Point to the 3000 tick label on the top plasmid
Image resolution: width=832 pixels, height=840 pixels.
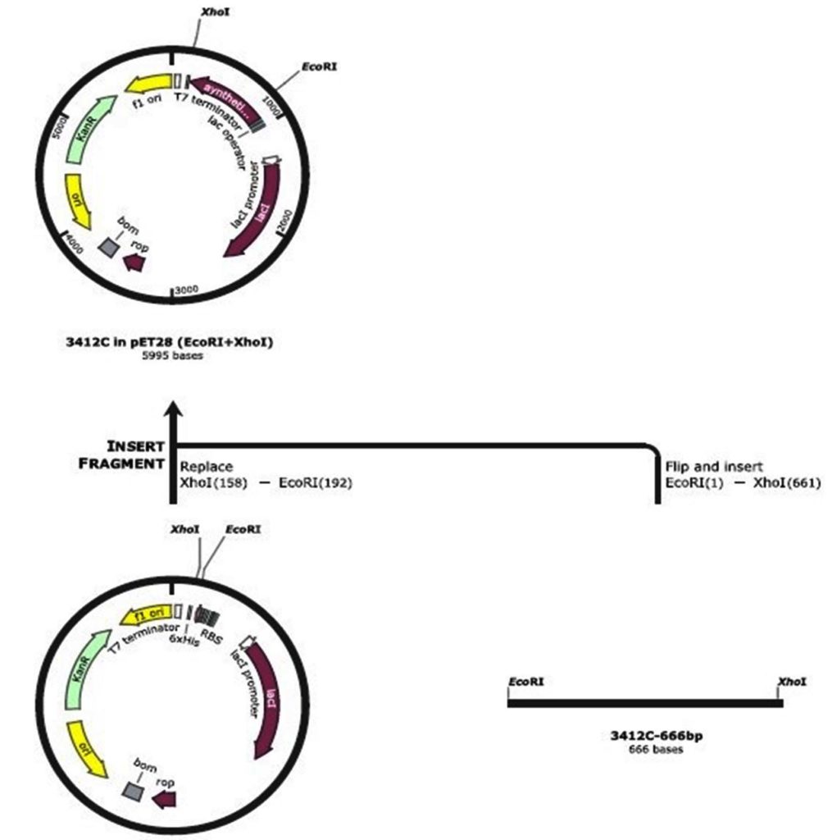tap(188, 290)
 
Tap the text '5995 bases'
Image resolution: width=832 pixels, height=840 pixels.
tap(170, 356)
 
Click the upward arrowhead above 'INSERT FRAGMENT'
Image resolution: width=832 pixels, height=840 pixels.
tap(172, 410)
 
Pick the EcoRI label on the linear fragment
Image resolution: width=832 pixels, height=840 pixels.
tap(525, 682)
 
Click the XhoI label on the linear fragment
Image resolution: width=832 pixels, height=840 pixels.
tap(792, 682)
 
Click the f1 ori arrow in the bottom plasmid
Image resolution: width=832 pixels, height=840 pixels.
tap(148, 614)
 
